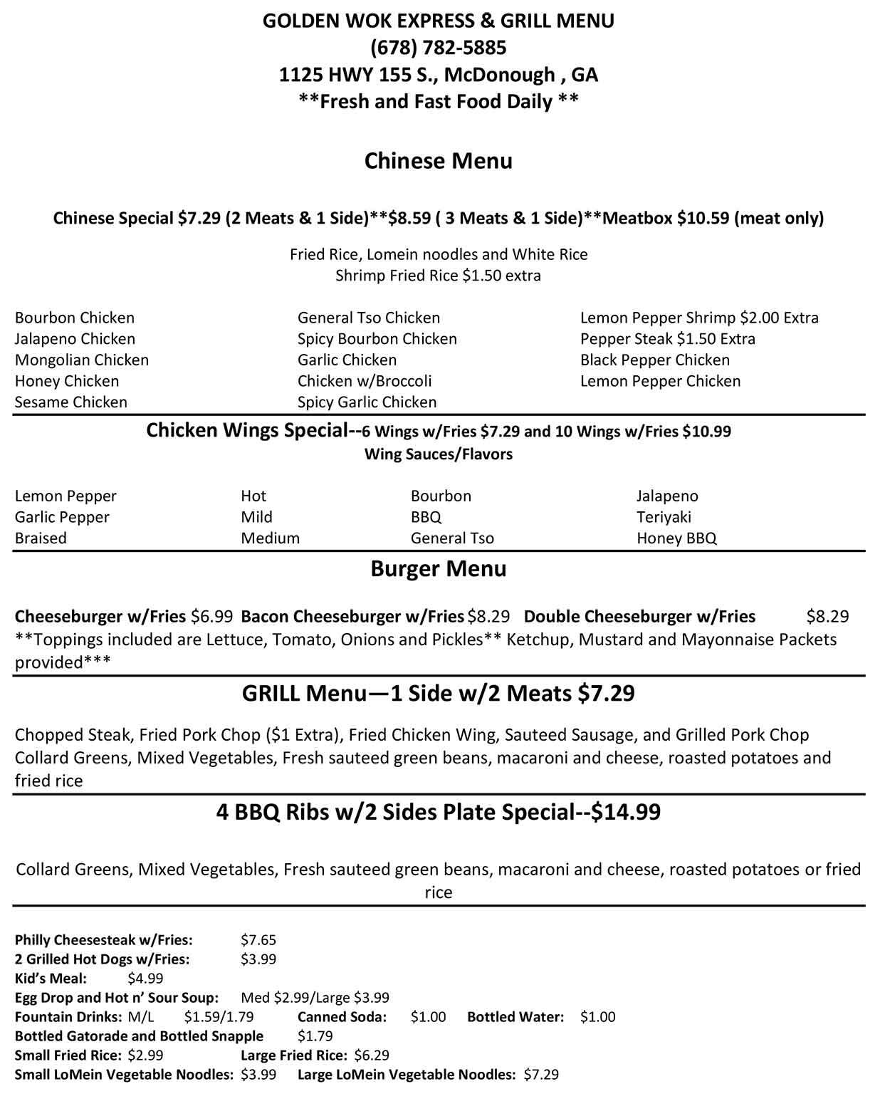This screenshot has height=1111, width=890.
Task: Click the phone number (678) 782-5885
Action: [x=438, y=48]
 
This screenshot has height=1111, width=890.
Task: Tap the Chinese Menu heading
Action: [x=438, y=161]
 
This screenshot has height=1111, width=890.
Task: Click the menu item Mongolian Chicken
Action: [x=82, y=360]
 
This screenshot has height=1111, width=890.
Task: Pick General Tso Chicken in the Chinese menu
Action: [x=369, y=318]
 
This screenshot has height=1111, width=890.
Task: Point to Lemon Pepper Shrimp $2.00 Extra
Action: [x=699, y=318]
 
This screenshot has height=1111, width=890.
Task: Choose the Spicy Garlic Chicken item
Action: [x=367, y=402]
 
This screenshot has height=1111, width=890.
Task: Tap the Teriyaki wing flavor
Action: [x=664, y=517]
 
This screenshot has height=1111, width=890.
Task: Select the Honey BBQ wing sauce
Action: [x=676, y=538]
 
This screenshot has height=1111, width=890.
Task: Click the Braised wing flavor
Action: [x=41, y=538]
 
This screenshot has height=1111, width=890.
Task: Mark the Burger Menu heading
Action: [x=438, y=569]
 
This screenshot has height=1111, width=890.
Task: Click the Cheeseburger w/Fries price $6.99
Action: [x=211, y=616]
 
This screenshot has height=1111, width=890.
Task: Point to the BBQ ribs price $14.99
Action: [x=626, y=812]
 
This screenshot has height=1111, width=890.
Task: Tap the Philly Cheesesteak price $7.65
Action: [x=258, y=940]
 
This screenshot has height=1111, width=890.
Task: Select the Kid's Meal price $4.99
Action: [x=145, y=979]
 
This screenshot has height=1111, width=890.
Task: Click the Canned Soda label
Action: [x=342, y=1017]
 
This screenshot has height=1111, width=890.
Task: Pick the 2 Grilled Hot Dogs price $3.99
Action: [x=258, y=959]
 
